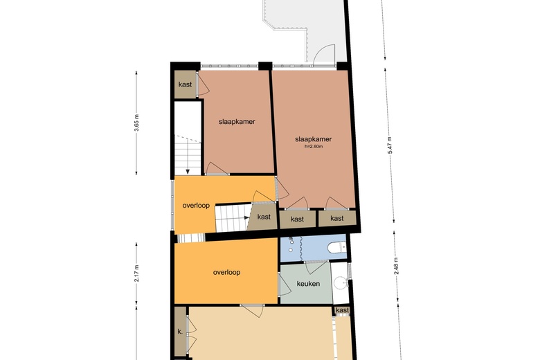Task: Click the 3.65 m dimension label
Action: click(x=137, y=123)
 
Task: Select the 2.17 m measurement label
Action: click(x=137, y=272)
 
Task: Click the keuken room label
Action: click(x=307, y=284)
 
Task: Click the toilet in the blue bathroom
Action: click(x=336, y=247)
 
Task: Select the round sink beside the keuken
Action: click(x=339, y=282)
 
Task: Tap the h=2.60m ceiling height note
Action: click(x=313, y=147)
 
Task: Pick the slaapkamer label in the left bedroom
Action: click(x=237, y=121)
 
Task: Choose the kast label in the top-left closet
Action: click(x=185, y=84)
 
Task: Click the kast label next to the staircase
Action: click(x=264, y=217)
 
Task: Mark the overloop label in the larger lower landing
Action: click(x=226, y=272)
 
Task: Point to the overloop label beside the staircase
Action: click(x=196, y=206)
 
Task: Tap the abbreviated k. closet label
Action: click(x=180, y=332)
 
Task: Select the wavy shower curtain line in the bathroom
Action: click(x=303, y=248)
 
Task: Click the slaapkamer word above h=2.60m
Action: click(x=313, y=139)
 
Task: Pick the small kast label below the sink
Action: click(x=342, y=311)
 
